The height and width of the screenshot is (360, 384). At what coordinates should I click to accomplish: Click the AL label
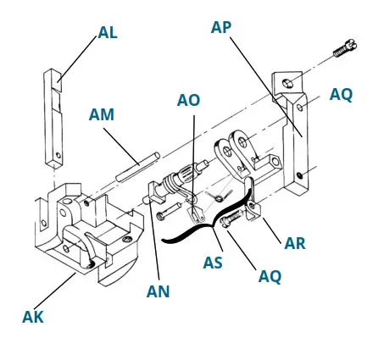coord(108,32)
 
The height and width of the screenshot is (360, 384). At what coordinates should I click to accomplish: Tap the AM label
coord(102,114)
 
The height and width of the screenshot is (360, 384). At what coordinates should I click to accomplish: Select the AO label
coord(188,100)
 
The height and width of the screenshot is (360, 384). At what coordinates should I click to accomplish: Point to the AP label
coord(221,27)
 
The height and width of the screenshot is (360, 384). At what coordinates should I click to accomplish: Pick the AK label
coord(32,318)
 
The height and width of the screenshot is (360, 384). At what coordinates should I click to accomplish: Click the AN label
coord(158,291)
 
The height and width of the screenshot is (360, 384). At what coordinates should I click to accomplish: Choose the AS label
coord(212,263)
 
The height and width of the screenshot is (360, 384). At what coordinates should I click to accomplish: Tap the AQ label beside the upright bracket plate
coord(341,95)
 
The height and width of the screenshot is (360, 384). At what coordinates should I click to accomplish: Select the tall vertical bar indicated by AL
coord(54,119)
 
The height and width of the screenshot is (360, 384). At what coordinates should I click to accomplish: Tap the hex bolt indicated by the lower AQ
coord(227,222)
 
